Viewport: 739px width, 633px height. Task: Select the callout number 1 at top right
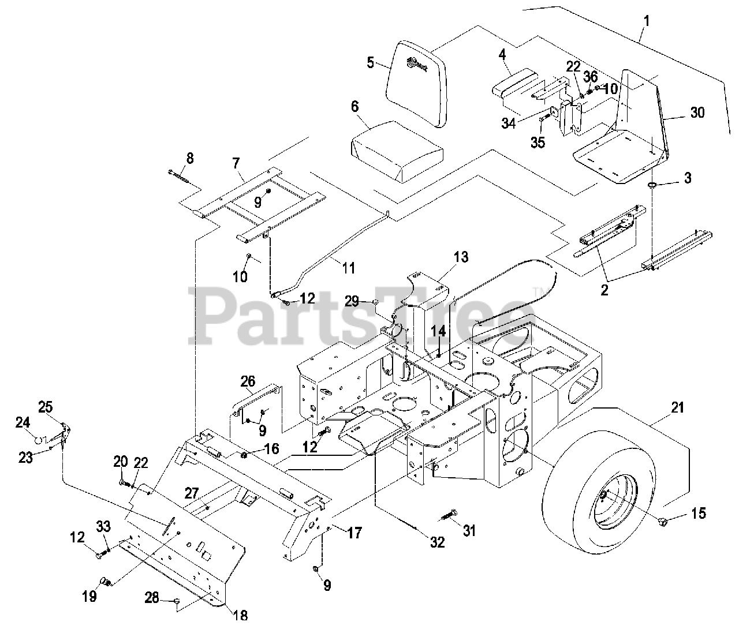pos(647,21)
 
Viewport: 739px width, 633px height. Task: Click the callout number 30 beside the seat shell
pos(697,113)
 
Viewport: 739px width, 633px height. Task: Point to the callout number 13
pos(461,257)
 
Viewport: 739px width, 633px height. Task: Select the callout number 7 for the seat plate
pos(236,163)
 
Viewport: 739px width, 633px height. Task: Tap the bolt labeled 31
pos(450,514)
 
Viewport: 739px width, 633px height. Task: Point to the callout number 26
pos(248,381)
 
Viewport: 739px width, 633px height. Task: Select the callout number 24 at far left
pos(23,424)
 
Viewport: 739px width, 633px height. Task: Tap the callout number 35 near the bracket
pos(538,142)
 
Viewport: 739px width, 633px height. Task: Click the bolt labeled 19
pos(106,581)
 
